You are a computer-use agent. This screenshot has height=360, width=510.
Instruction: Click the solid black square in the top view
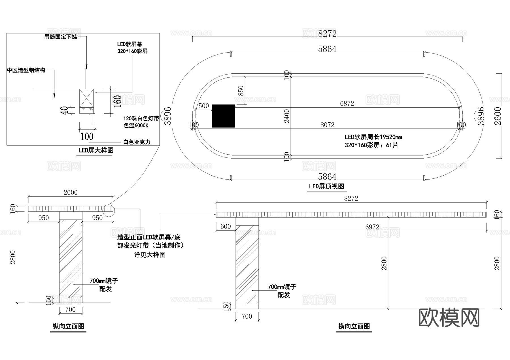coord(224,116)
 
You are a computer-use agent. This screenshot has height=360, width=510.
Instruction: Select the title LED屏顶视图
coord(326,186)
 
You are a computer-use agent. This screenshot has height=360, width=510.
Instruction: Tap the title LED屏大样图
coord(96,150)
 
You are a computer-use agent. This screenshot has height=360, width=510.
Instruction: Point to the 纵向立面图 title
coord(68,326)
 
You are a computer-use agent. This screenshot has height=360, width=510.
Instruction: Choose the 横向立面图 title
coord(354,326)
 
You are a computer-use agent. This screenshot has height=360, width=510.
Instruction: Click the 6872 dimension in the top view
coord(347,104)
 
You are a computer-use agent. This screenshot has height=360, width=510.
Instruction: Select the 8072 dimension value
coord(327,125)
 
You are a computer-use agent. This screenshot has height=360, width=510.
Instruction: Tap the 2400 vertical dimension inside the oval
coord(287,116)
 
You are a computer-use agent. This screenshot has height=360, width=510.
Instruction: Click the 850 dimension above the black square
coord(241,91)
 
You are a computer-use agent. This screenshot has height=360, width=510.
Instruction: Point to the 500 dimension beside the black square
coord(203,106)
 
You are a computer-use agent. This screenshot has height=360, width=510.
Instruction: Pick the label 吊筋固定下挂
coord(61,37)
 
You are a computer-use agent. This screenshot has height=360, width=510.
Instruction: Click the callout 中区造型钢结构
coord(26,70)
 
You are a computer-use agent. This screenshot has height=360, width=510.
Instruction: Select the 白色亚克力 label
coord(137,142)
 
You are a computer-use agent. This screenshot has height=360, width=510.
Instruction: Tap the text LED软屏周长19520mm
coord(373,137)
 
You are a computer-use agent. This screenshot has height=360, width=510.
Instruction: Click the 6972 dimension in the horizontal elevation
coord(372,227)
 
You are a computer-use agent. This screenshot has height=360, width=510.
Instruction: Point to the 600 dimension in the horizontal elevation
coord(226,226)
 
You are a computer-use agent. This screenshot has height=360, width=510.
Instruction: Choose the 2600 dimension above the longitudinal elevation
coord(70,193)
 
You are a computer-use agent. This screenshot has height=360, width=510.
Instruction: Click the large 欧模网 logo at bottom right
coord(449,318)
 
